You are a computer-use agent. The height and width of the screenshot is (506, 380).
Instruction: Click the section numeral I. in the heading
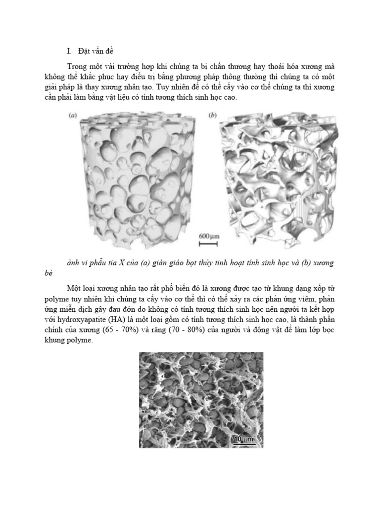[x=69, y=51]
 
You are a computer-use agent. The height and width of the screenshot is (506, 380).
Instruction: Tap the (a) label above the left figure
[x=72, y=116]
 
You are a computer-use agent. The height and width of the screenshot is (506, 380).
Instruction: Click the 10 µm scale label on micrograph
[x=243, y=438]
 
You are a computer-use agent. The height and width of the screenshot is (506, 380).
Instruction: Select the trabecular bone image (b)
[x=280, y=175]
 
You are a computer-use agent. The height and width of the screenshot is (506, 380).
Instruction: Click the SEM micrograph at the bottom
[x=201, y=399]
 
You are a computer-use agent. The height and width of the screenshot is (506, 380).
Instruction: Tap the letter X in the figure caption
[x=121, y=263]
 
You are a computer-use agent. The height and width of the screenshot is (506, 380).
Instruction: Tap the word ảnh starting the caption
[x=74, y=263]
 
